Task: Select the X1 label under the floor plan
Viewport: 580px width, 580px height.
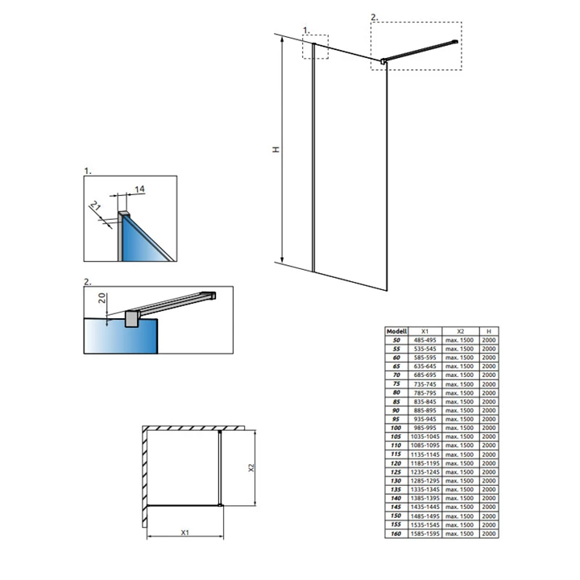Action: pos(184,532)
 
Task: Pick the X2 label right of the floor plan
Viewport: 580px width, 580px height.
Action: pos(251,466)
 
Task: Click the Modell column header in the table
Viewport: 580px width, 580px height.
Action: pos(396,331)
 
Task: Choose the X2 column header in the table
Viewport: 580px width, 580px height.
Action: pos(460,331)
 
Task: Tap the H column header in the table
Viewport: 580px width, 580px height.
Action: pos(488,331)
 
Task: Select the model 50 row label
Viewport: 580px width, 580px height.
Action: pos(396,340)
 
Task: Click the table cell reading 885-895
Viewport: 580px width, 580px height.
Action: pos(427,410)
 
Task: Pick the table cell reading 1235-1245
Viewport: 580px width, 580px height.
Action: pos(427,472)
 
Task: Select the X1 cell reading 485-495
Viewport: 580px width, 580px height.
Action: pos(427,340)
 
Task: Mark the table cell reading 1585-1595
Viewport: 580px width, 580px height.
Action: pos(427,533)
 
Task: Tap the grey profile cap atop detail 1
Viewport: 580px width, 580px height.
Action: pos(124,215)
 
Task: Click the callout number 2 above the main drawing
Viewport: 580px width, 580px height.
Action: pos(373,17)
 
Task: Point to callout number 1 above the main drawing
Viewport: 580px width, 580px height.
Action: pos(306,30)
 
